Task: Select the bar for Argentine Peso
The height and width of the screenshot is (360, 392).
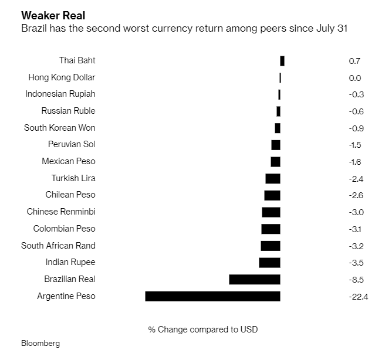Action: [x=212, y=296]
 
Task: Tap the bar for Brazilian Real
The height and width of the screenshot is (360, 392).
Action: [x=255, y=279]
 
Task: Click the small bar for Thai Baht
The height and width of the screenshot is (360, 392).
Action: [x=282, y=60]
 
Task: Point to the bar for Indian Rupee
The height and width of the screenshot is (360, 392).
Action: [x=269, y=263]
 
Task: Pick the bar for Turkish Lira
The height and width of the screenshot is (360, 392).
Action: [x=273, y=178]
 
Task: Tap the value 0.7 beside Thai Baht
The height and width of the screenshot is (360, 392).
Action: [x=354, y=61]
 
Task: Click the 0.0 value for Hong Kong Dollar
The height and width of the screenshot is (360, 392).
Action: [x=354, y=78]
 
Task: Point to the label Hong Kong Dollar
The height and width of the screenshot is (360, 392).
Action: [x=62, y=77]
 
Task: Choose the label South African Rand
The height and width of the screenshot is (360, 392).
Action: [x=58, y=246]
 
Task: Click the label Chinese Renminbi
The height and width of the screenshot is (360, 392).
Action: [x=61, y=212]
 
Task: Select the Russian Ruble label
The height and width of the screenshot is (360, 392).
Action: [x=68, y=111]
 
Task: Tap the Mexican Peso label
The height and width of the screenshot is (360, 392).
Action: [x=68, y=161]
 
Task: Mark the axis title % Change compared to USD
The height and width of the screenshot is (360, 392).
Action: [x=202, y=330]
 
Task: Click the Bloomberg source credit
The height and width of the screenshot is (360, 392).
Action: [x=40, y=343]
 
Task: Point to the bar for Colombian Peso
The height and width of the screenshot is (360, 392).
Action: [x=271, y=229]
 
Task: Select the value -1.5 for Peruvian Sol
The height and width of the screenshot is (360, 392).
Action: [x=355, y=145]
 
